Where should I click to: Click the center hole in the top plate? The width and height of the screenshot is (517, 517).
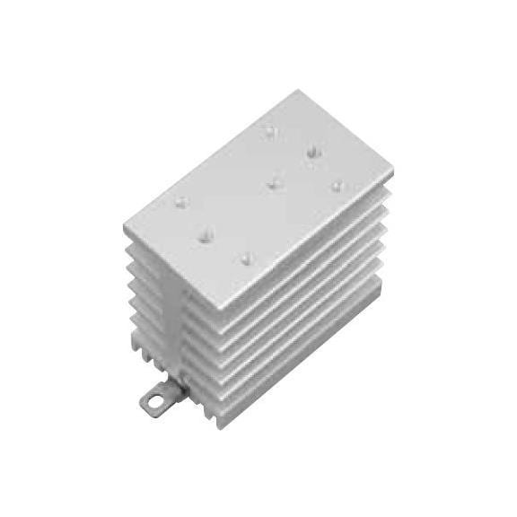273,185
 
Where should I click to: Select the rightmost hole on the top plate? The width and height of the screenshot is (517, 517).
337,186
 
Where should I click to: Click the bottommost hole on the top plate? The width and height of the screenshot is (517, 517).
246,258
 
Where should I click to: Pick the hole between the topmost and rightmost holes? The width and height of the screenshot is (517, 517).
312,153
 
